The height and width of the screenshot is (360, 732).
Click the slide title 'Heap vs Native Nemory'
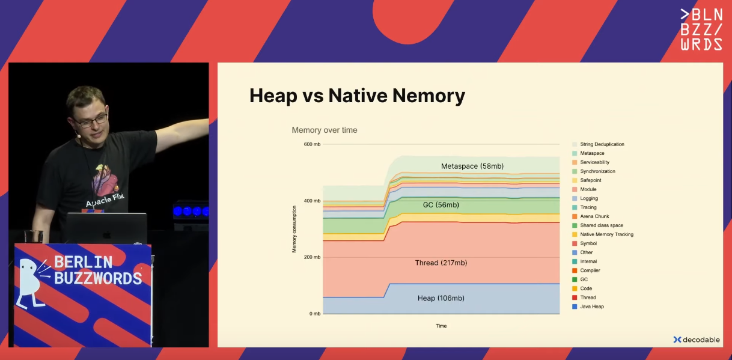[x=357, y=96]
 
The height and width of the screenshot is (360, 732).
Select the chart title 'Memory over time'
[x=325, y=130]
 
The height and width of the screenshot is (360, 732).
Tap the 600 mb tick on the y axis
[x=312, y=144]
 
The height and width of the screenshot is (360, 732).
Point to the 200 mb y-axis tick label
[x=312, y=257]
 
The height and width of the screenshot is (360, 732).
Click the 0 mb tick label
[x=315, y=314]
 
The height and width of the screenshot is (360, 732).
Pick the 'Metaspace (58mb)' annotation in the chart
[x=472, y=166]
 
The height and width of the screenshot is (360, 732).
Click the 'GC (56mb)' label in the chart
[x=441, y=205]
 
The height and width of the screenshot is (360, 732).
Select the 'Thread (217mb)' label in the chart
[x=441, y=263]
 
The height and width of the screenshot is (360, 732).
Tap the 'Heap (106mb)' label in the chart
[x=441, y=298]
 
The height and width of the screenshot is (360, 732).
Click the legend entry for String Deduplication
[x=599, y=144]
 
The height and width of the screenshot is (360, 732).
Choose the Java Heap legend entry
[x=588, y=307]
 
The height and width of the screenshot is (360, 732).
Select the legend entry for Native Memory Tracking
[x=603, y=234]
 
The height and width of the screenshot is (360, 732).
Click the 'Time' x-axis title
[x=441, y=326]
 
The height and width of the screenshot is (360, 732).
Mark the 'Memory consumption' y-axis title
[x=294, y=229]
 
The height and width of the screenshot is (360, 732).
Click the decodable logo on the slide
[x=697, y=340]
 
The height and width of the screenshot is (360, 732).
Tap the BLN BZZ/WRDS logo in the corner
[x=701, y=29]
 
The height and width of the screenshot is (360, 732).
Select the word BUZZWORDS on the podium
[x=98, y=278]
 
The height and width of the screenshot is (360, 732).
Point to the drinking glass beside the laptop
[x=34, y=236]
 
